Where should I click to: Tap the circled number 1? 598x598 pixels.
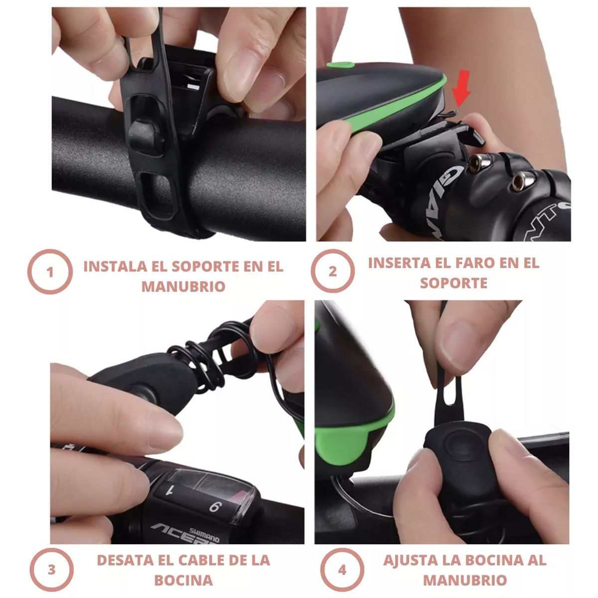(49, 272)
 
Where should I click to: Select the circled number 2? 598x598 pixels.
(332, 272)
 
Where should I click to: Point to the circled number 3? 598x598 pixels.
(51, 570)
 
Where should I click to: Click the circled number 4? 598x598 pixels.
(342, 570)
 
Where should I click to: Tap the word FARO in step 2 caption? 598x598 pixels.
(472, 263)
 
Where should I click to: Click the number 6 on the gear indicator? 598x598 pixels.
(214, 507)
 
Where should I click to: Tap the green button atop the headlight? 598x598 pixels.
(340, 65)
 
